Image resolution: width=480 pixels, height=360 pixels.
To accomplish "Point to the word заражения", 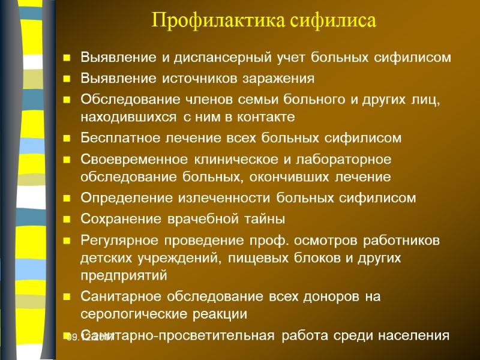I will [x=281, y=79].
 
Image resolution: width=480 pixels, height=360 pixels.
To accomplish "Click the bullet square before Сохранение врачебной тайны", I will [x=67, y=218].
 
